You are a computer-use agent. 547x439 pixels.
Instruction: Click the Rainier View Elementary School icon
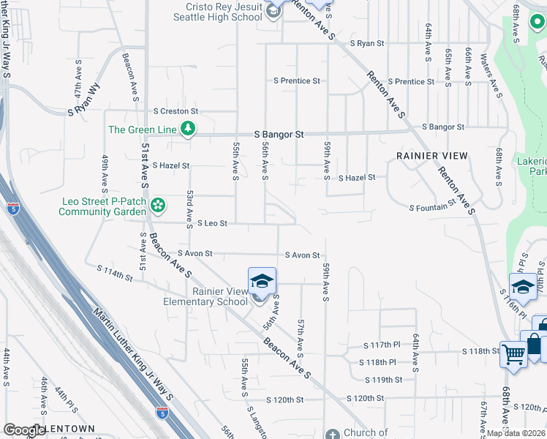[262, 281]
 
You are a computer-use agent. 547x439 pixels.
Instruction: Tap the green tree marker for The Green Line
[189, 130]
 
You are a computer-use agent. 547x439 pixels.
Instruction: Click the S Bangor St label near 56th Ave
[279, 135]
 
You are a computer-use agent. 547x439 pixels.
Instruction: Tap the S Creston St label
[176, 111]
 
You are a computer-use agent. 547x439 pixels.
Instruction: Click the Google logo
[24, 430]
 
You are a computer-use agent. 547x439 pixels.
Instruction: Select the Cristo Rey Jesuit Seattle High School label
[216, 12]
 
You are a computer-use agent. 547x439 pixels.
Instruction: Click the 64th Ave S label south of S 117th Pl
[415, 352]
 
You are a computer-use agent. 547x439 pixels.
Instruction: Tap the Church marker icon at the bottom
[332, 434]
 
